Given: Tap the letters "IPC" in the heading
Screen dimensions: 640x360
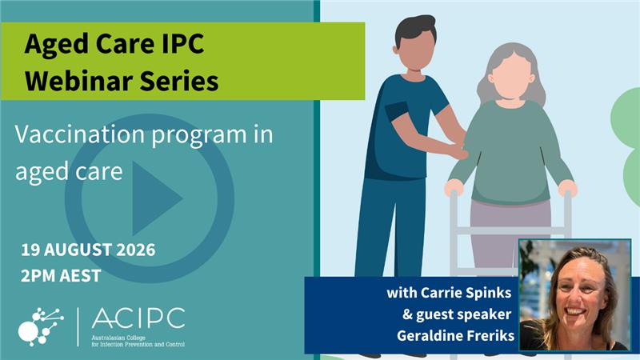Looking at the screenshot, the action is pyautogui.click(x=182, y=44).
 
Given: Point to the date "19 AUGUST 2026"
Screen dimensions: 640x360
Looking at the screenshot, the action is pyautogui.click(x=88, y=250).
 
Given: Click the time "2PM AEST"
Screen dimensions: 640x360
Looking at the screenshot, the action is pyautogui.click(x=61, y=276).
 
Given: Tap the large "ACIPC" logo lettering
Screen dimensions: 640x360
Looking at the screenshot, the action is pyautogui.click(x=138, y=318).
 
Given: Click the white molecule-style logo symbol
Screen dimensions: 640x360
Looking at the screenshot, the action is pyautogui.click(x=41, y=327).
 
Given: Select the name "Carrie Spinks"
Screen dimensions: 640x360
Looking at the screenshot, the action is pyautogui.click(x=466, y=293).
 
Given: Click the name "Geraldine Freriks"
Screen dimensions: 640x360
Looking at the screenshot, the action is pyautogui.click(x=455, y=335).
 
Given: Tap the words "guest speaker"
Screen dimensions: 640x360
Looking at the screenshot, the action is pyautogui.click(x=464, y=314).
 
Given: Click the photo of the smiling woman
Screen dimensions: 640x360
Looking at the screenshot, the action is pyautogui.click(x=574, y=295).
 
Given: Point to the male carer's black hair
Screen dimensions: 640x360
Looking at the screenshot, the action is pyautogui.click(x=415, y=29).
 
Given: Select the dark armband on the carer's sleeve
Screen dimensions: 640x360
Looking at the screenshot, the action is pyautogui.click(x=396, y=111).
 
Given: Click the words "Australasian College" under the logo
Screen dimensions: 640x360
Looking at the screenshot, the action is pyautogui.click(x=118, y=338).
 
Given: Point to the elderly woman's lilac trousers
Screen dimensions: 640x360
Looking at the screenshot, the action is pyautogui.click(x=510, y=233).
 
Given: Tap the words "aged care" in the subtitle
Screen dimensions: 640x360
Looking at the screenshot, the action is pyautogui.click(x=69, y=172).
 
